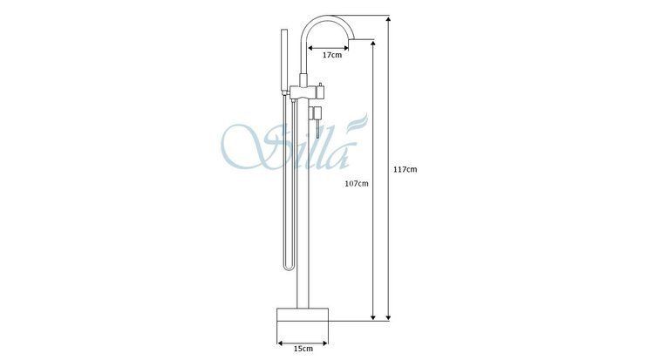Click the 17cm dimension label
(x=332, y=55)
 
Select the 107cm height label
(x=356, y=183)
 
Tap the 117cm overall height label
(x=405, y=169)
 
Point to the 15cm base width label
(x=303, y=349)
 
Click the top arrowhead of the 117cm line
(x=388, y=19)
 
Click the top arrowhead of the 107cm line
(x=373, y=44)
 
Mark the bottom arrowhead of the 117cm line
(x=388, y=316)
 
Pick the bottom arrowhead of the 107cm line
(x=373, y=316)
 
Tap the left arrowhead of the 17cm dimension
(x=310, y=48)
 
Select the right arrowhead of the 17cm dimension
(x=346, y=48)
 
